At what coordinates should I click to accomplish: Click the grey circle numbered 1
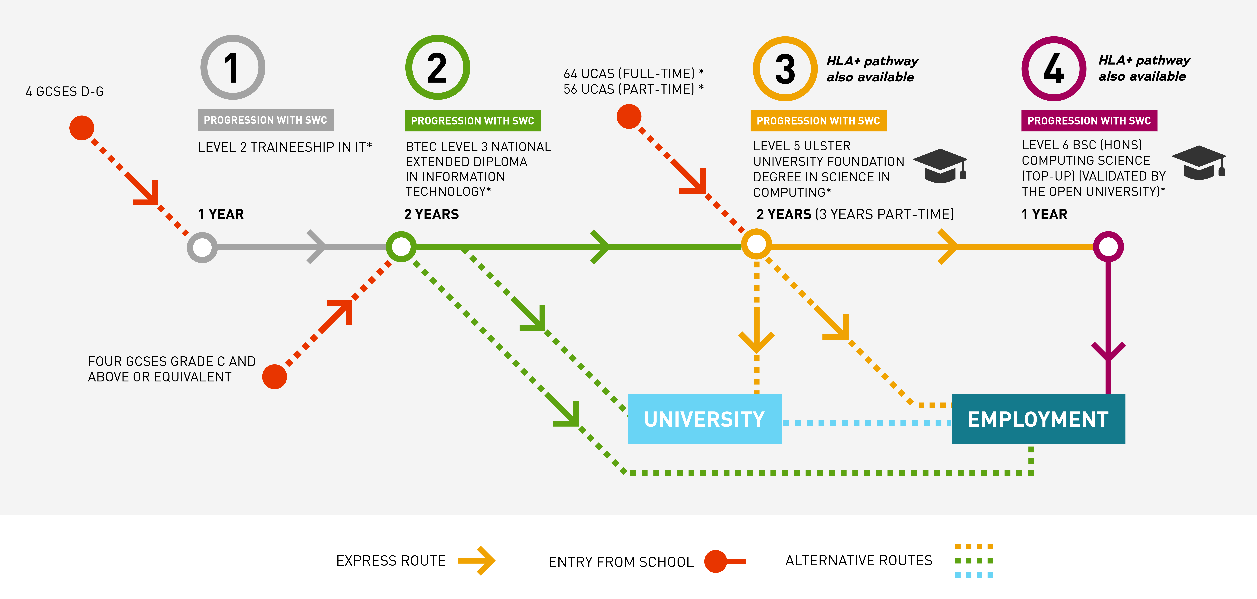(x=233, y=67)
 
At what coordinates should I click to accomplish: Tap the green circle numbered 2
(x=437, y=67)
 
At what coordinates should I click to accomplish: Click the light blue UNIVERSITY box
(x=704, y=419)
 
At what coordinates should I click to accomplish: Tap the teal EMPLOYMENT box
(x=1038, y=419)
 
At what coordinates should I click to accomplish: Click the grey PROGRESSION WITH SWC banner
(x=265, y=120)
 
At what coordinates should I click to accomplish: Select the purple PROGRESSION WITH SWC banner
(x=1089, y=121)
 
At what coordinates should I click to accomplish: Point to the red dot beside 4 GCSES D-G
(x=81, y=128)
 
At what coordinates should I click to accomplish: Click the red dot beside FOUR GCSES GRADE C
(x=274, y=376)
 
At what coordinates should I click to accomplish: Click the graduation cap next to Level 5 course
(x=940, y=166)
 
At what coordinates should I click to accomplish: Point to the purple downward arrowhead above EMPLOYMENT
(x=1108, y=352)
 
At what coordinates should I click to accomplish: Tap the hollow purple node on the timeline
(x=1108, y=247)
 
